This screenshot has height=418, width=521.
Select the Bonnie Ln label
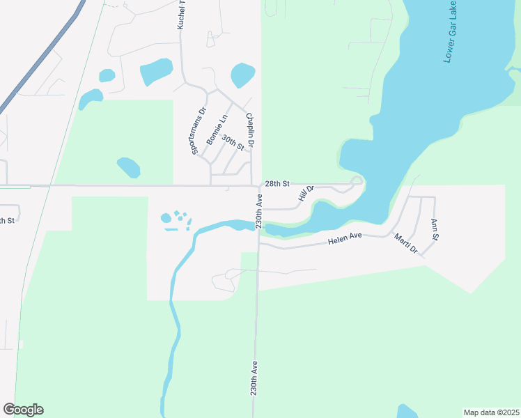[x=217, y=130]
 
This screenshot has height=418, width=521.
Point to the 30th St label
[x=233, y=143]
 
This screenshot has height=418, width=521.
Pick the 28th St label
[x=277, y=185]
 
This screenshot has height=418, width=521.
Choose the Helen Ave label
[x=345, y=239]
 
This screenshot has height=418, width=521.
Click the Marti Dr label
[x=405, y=244]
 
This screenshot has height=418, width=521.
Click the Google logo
[x=24, y=410]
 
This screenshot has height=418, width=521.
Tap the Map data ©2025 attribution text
[x=491, y=412]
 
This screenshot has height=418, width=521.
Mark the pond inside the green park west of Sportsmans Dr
[x=128, y=167]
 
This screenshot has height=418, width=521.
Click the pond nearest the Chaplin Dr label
[x=242, y=75]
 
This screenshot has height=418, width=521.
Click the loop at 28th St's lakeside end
[x=357, y=182]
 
